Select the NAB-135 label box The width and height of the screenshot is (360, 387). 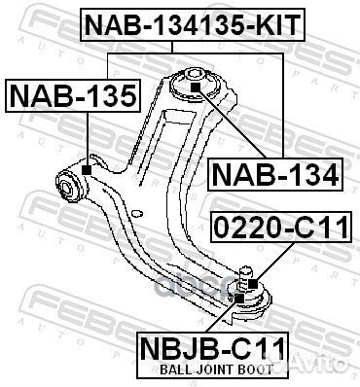coord(74,95)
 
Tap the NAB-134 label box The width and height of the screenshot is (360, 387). coord(275,174)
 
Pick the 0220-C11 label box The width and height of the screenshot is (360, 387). coord(279,230)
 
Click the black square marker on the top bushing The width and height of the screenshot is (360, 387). coord(195,88)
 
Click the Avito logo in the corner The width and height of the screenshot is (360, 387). coord(326,366)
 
